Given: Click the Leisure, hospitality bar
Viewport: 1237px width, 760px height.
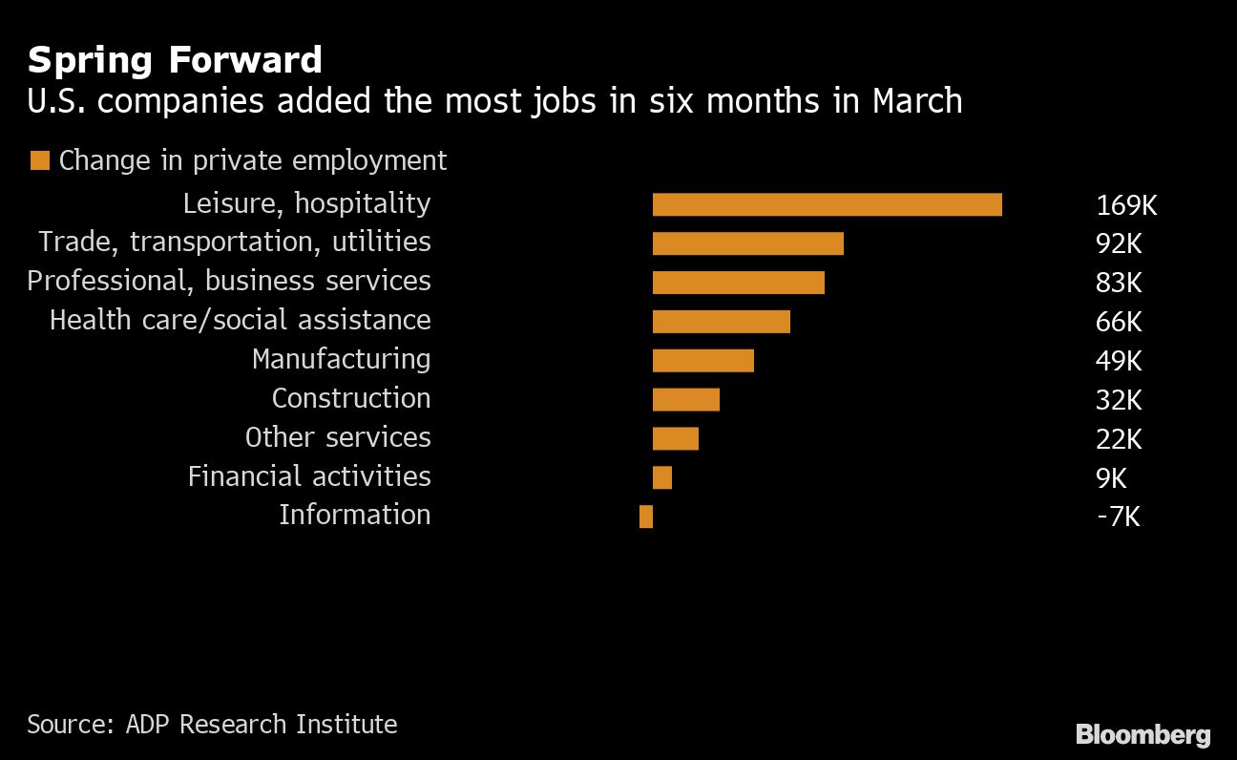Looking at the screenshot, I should pos(827,204).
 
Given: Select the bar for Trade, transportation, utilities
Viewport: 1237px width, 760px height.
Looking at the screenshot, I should pos(747,243).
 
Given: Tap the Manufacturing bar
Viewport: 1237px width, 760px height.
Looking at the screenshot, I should pos(702,360).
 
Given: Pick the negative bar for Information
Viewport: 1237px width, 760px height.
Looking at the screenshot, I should pos(646,517).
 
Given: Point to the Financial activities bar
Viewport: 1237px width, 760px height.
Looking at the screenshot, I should pos(661,477).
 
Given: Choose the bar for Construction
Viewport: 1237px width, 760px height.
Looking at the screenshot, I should pos(685,399).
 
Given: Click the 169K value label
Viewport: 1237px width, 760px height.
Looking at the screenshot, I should pos(1125,205).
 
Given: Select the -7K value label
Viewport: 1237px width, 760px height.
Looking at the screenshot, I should pos(1118,517).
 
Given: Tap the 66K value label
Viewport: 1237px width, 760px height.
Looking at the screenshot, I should pos(1119,322).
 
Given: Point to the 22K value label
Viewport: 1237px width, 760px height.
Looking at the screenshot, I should pos(1119,438).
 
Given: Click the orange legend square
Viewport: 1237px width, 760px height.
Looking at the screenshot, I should pos(39,160).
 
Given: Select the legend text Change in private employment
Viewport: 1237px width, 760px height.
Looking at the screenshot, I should pos(252,160).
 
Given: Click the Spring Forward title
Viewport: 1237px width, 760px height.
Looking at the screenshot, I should pos(175,60).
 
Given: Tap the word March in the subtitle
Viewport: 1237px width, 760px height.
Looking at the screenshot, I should pos(916,100).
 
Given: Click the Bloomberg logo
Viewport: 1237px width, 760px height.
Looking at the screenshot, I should pos(1143,734).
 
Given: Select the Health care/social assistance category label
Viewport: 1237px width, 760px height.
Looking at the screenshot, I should pos(240,320).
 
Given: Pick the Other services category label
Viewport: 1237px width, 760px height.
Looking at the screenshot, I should pos(338,437).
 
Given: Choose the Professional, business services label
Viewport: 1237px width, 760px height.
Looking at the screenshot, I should pos(229,281).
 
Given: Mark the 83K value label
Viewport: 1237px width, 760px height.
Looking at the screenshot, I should pos(1119,283).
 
